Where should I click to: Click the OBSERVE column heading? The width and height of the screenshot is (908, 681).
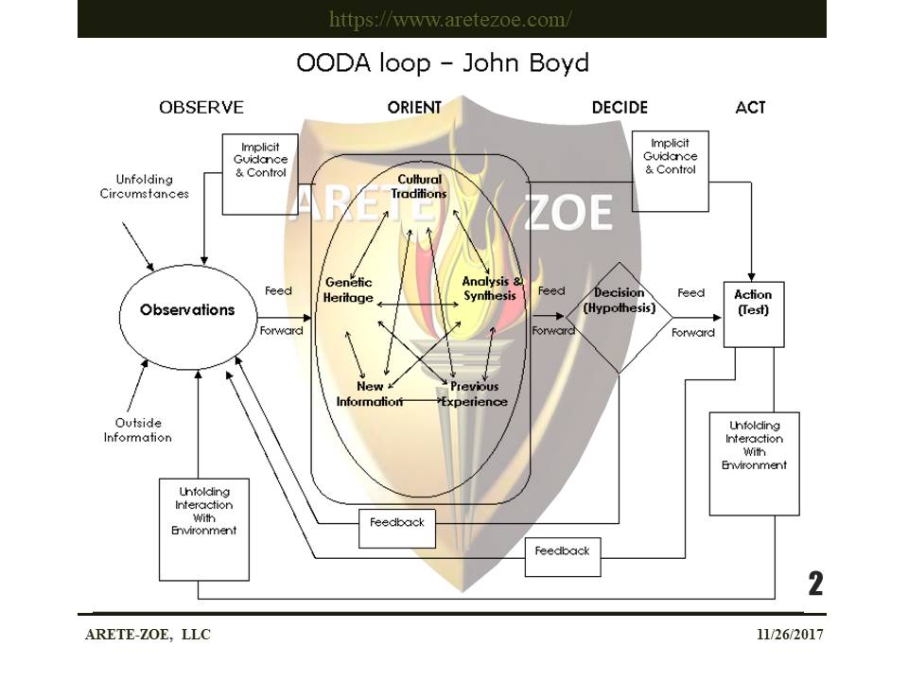tap(201, 107)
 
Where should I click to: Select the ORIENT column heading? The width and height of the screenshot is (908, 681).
tap(414, 107)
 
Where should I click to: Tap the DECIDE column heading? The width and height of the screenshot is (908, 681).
tap(620, 107)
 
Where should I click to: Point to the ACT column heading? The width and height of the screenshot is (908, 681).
tap(750, 107)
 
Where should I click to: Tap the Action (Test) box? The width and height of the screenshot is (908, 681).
tap(754, 314)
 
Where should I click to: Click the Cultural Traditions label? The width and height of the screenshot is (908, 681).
tap(419, 186)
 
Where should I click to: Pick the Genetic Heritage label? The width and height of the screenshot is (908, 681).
tap(348, 289)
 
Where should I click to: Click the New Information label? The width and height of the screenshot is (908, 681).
tap(370, 393)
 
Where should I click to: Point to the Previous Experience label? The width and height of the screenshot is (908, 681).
tap(474, 393)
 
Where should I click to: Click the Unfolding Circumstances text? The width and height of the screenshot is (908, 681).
tap(144, 186)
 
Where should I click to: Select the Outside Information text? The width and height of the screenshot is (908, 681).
tap(138, 430)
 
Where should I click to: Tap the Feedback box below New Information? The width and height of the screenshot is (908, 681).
tap(397, 528)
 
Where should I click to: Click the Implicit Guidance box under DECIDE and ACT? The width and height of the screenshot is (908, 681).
tap(671, 171)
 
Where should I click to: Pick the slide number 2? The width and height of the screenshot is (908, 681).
tap(815, 584)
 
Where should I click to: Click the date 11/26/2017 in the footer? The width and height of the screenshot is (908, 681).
tap(790, 634)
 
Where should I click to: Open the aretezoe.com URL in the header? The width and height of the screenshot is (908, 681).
tap(450, 19)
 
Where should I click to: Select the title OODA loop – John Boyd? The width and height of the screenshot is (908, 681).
tap(443, 62)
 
